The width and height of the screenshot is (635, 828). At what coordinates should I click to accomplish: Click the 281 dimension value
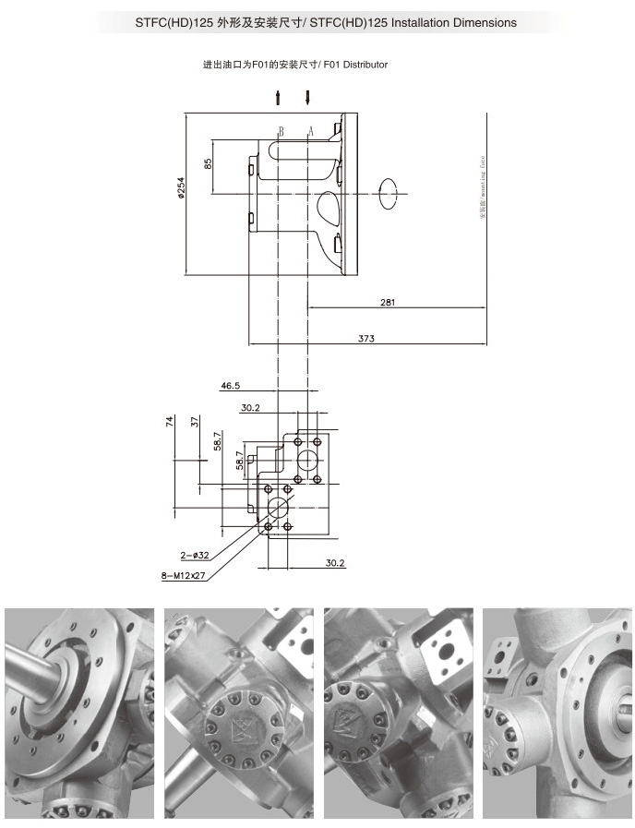(388, 302)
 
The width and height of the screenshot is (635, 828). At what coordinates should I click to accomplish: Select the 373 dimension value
(366, 339)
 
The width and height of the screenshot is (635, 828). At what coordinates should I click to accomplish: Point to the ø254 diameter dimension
(182, 189)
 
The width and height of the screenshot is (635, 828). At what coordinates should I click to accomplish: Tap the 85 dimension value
(209, 163)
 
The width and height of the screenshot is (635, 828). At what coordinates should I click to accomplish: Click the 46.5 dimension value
(231, 385)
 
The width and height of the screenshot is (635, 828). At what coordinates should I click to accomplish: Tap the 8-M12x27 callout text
(184, 575)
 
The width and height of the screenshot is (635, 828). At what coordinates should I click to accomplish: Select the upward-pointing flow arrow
(278, 98)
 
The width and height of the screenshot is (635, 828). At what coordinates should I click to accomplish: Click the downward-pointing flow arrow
(307, 98)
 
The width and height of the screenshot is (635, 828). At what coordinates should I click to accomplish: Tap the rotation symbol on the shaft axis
(391, 193)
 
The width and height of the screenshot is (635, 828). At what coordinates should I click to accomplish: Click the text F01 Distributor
(353, 65)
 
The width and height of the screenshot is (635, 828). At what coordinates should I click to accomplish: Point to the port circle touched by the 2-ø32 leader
(277, 507)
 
